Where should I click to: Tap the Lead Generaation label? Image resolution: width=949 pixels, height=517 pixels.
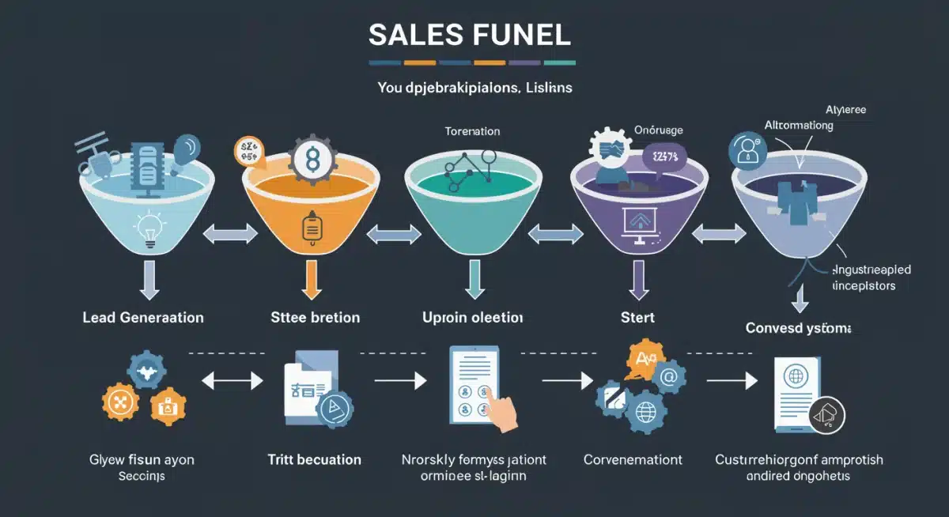coord(143,318)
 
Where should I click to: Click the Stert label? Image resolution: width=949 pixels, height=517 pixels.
coord(638,318)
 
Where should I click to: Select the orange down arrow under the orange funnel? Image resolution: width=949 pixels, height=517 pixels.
coord(310,280)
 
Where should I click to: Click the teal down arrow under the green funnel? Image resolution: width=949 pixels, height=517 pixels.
coord(475,280)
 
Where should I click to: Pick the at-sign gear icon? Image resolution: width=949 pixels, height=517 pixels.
coord(668,378)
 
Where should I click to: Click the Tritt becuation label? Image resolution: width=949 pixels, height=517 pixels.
coord(314,459)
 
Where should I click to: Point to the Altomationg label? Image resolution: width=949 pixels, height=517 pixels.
coord(799,125)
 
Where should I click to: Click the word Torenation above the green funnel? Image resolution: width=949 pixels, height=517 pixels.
coord(473,131)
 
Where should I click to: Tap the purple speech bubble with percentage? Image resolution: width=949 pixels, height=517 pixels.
coord(664,157)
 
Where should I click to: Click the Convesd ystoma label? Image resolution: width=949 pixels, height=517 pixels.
coord(800,327)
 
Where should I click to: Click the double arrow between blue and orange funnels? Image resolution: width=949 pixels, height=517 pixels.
coord(230,233)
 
